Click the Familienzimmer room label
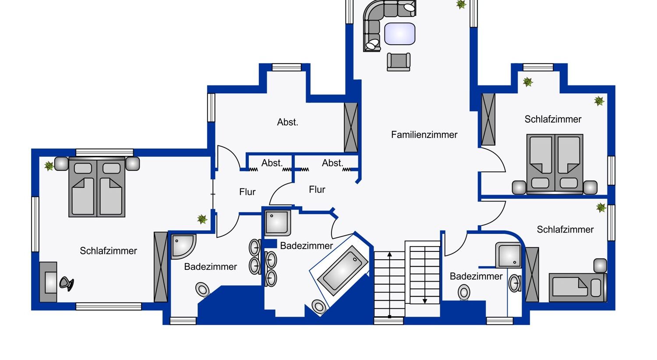coord(424,135)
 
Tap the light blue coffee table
coord(399,34)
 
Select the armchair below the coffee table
coord(399,62)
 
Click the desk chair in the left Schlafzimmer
coord(67,283)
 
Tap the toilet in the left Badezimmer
coord(203,289)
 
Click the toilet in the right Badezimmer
coord(464,292)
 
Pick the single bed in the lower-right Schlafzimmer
coord(578,288)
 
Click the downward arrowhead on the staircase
coord(424,301)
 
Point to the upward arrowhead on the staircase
coord(389,254)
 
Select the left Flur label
coord(247,192)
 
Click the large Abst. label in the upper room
coord(287,122)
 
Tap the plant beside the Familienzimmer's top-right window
coord(461,4)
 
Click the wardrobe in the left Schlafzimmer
coord(161,267)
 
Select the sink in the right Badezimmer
coord(515,283)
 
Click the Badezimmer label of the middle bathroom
coord(306,246)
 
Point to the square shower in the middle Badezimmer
coord(277,223)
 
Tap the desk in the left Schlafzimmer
coord(48,282)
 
